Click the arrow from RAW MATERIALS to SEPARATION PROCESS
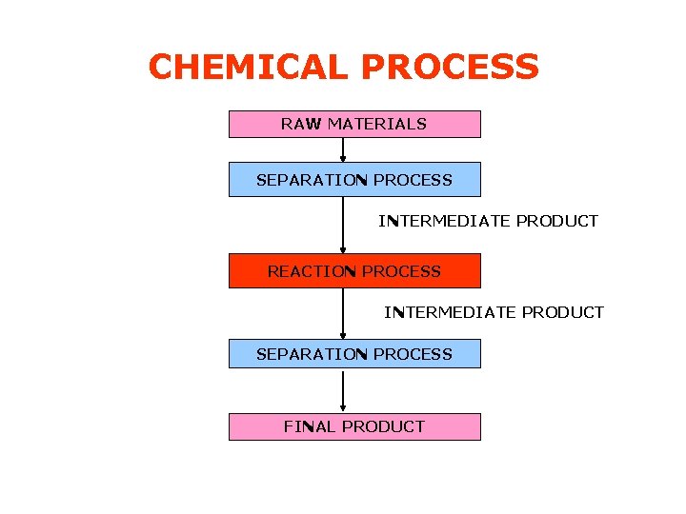point(343,149)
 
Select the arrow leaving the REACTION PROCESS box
point(343,313)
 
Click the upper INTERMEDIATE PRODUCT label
point(488,221)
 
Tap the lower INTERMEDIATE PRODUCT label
point(494,312)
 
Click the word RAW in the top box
point(301,124)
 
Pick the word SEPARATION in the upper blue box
point(312,180)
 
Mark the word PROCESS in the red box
point(401,271)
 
